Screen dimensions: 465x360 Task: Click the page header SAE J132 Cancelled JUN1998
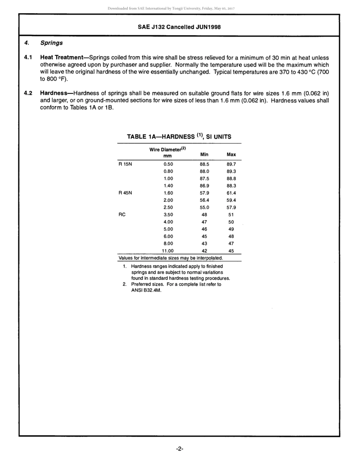179,27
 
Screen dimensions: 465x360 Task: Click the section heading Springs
52,43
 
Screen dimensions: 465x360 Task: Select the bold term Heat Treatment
61,58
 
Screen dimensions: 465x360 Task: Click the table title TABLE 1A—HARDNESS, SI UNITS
179,137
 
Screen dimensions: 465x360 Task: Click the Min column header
204,154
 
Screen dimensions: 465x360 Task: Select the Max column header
231,154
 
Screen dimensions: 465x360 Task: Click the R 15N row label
125,164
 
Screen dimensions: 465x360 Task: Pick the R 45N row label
125,193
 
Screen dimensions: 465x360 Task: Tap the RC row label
122,215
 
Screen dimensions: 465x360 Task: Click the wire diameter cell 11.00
168,251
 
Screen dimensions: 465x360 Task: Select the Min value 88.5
204,164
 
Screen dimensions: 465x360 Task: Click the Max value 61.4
231,193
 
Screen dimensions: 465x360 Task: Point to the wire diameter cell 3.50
168,215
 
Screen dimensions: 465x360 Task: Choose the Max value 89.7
231,164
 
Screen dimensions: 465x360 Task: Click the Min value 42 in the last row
204,251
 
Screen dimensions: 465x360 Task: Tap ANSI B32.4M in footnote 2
146,291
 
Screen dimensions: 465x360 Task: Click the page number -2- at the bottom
180,449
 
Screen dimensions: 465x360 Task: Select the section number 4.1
28,58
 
